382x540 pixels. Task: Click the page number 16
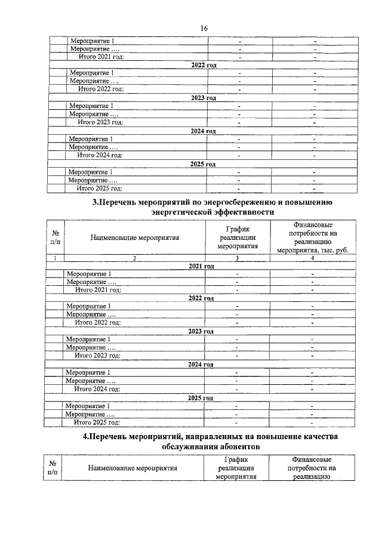click(204, 28)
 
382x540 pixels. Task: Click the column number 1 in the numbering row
click(55, 258)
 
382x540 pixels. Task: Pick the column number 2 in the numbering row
click(135, 258)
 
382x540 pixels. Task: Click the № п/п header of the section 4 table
click(53, 467)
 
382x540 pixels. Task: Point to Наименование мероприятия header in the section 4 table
click(133, 468)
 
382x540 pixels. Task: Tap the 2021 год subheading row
click(201, 266)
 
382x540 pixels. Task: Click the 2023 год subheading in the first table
click(203, 97)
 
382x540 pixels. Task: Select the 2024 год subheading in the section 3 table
click(201, 364)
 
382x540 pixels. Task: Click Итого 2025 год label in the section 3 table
click(97, 422)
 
